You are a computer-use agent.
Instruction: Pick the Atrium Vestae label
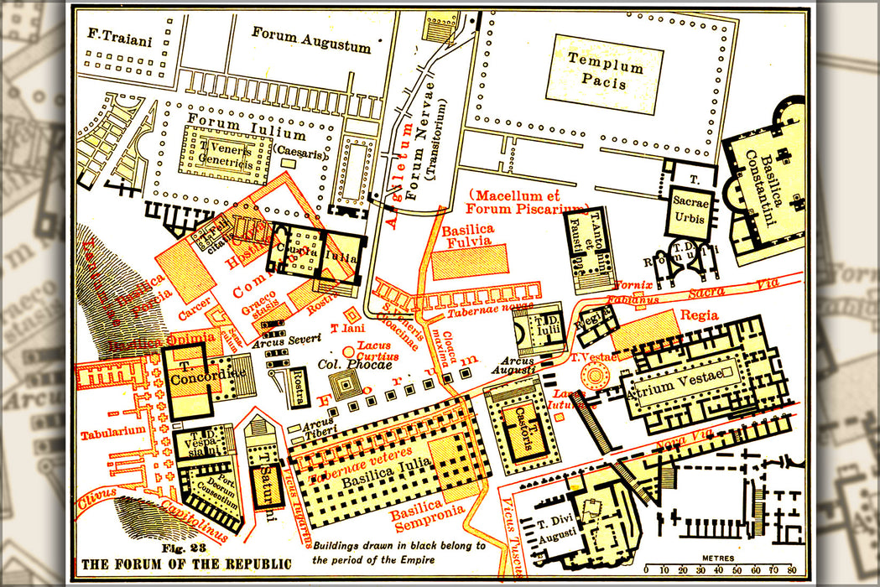coord(685,376)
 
